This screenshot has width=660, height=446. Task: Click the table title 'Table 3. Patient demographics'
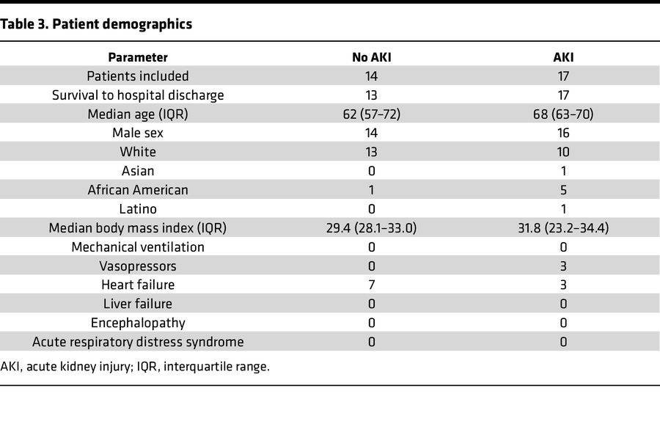click(96, 24)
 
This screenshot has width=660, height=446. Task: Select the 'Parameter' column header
click(138, 57)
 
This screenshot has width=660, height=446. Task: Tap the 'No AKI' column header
click(371, 57)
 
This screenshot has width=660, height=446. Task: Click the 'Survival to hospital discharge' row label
click(138, 95)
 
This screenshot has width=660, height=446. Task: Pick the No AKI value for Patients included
click(371, 76)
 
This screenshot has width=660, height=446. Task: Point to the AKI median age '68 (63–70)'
click(563, 114)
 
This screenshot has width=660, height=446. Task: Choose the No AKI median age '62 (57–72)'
click(371, 114)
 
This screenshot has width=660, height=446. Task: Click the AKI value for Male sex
click(563, 133)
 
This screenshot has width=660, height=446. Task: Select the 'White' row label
click(138, 152)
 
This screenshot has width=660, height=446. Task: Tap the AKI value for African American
click(563, 190)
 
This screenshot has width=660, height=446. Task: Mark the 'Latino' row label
click(138, 209)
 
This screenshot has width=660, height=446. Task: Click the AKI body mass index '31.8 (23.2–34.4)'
click(563, 228)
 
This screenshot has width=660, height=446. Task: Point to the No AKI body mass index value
click(371, 228)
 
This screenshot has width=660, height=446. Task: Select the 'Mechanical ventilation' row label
click(138, 247)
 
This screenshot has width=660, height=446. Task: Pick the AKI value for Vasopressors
click(563, 266)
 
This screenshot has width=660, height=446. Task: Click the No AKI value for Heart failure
click(371, 285)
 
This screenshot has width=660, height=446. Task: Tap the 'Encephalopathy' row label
click(138, 323)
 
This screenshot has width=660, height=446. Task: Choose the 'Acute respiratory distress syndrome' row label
click(138, 342)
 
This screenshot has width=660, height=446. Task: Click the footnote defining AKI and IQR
click(135, 366)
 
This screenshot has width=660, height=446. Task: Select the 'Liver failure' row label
click(138, 304)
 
